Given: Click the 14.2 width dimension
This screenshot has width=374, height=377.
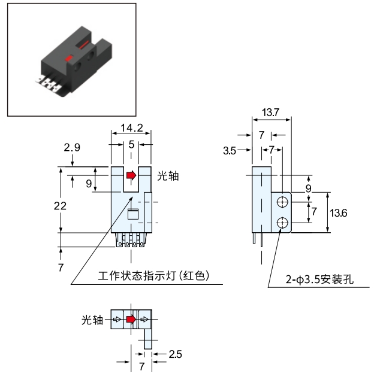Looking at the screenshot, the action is (131, 127).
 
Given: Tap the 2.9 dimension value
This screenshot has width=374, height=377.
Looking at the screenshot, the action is (72, 147).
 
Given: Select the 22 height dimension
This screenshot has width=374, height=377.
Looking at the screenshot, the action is (60, 206).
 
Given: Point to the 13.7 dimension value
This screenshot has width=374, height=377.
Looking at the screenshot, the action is (270, 113).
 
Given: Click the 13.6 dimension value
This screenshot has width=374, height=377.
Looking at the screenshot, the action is (339, 213).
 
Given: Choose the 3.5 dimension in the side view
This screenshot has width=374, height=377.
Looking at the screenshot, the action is (230, 151).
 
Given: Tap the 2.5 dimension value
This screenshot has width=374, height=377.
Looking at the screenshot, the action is (176, 354).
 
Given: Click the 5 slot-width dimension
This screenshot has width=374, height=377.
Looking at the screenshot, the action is (131, 144).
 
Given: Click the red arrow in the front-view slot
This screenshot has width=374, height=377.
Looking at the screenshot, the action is (131, 175).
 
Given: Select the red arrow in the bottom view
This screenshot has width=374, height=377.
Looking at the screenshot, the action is (131, 320).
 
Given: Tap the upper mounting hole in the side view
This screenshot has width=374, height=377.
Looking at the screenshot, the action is (282, 202).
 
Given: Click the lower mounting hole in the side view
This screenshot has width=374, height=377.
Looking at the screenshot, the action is (282, 223).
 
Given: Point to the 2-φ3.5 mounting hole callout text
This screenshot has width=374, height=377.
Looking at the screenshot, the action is (319, 279).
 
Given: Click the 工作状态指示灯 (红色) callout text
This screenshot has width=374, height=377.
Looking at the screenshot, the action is (153, 275).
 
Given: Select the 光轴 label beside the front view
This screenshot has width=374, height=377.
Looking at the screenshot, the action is (168, 176).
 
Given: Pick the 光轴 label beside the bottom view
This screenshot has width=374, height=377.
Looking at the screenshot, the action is (92, 320).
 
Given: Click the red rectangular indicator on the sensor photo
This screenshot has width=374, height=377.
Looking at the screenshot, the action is (69, 58).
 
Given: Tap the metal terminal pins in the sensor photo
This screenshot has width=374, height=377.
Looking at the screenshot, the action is (48, 84).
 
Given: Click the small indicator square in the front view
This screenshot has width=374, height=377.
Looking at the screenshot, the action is (132, 214).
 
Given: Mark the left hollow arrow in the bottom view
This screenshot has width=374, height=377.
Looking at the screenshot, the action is (117, 320).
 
